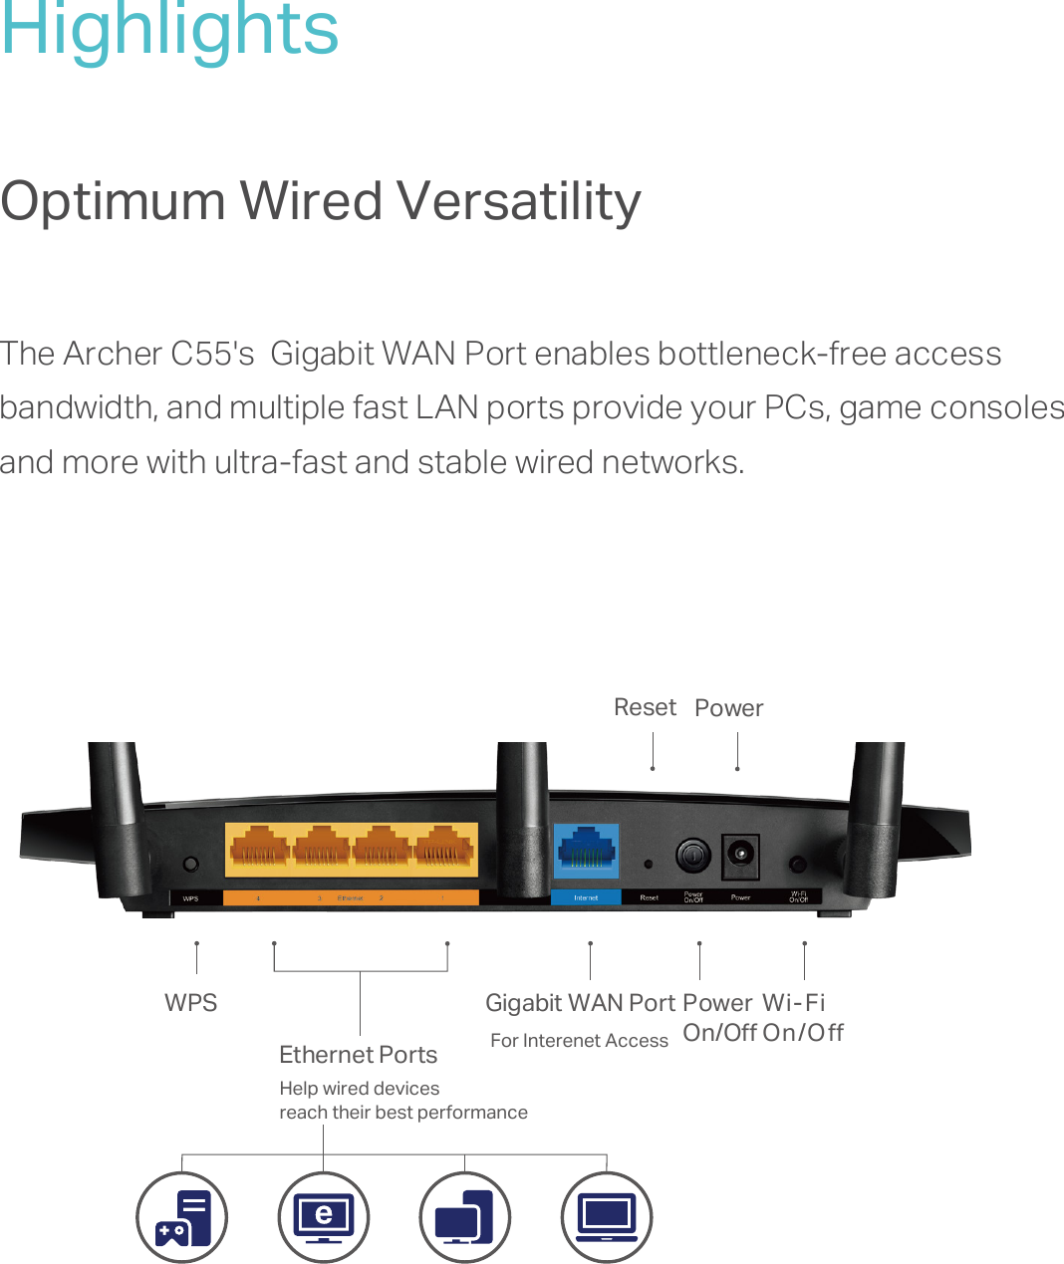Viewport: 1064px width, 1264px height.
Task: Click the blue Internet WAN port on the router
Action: coord(586,851)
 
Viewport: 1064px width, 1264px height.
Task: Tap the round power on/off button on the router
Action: coord(692,855)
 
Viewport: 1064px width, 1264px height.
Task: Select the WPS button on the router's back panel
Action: coord(191,864)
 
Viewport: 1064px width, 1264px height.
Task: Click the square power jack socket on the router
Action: coord(740,855)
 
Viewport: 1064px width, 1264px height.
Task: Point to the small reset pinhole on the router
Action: coord(649,865)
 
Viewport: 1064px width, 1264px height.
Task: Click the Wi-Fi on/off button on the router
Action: coord(797,864)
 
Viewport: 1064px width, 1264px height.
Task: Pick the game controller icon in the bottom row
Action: coord(182,1217)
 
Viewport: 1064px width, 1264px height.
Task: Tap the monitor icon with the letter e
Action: coord(324,1217)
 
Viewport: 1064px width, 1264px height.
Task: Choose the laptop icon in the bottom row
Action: coord(607,1217)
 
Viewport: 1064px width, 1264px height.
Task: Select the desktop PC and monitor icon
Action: coord(465,1217)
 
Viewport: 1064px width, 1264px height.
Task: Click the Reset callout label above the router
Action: coord(645,707)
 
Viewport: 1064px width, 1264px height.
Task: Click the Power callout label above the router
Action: coord(728,708)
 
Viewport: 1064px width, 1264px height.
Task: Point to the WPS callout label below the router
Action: coord(190,1003)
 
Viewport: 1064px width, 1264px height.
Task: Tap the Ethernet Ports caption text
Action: coord(358,1055)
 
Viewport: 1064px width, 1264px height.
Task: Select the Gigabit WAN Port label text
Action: coord(580,1003)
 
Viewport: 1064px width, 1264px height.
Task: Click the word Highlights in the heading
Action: coord(169,30)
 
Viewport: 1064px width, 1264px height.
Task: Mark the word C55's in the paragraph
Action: coord(212,354)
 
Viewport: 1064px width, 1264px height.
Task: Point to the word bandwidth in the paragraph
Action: coord(78,407)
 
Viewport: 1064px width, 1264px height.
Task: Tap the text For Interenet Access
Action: coord(579,1041)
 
